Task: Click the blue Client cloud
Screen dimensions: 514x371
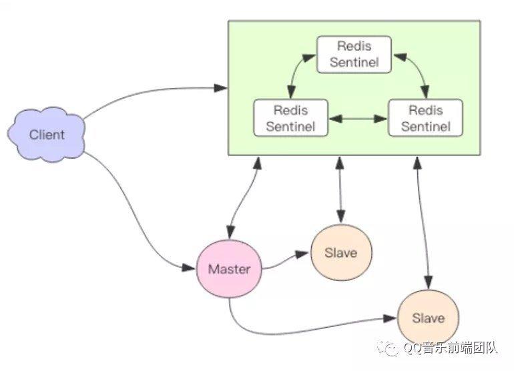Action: [x=46, y=134]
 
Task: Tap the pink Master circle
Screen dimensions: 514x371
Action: [x=229, y=269]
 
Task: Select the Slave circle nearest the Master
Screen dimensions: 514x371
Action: [x=341, y=253]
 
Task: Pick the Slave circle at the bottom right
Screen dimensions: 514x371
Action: [x=428, y=318]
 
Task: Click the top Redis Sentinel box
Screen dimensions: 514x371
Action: [x=354, y=55]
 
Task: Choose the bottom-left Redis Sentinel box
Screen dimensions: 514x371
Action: [x=291, y=118]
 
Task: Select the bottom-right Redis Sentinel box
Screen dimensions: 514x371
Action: [x=425, y=118]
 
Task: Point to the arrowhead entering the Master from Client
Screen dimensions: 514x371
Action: [x=188, y=268]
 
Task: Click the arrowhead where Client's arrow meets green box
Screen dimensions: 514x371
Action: [x=220, y=88]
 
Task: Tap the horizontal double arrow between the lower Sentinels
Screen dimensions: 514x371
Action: [x=358, y=119]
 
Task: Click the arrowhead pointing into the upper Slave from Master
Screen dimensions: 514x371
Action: [x=302, y=254]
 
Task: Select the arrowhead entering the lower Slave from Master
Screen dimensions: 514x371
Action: [x=390, y=318]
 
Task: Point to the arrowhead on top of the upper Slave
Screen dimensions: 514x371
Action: [x=341, y=218]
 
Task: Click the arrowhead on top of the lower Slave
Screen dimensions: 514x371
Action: [x=429, y=282]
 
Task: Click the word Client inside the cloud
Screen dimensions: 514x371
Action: [x=47, y=135]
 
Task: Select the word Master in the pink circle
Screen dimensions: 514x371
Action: [x=229, y=270]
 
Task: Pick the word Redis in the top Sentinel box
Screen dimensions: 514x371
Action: [x=354, y=46]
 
